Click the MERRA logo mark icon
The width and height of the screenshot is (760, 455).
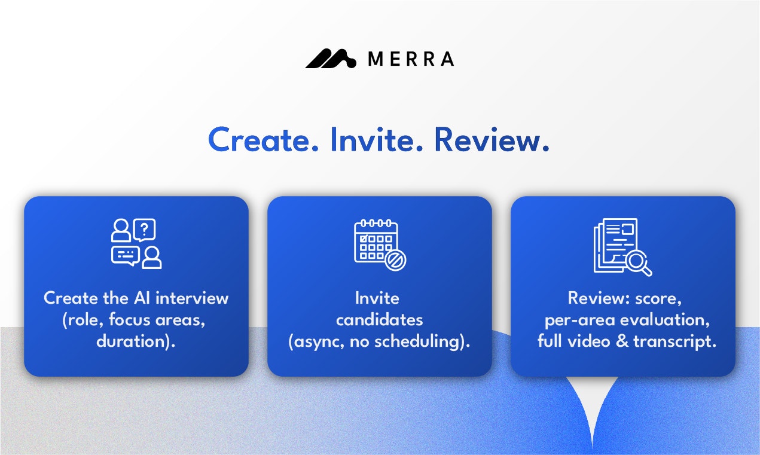coord(331,59)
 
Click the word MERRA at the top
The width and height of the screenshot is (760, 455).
coord(411,59)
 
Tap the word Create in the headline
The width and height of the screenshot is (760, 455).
coord(257,140)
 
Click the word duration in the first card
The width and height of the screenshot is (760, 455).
coord(133,342)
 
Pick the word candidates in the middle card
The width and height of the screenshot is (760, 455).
coord(379,320)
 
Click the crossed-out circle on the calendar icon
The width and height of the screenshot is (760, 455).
coord(395,259)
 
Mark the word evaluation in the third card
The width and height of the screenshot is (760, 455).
coord(665,320)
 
